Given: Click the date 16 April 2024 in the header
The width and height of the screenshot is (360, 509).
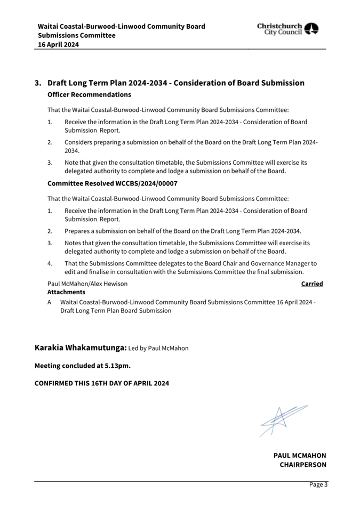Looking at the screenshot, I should [58, 45].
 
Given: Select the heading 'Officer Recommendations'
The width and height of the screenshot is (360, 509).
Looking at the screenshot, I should [89, 94].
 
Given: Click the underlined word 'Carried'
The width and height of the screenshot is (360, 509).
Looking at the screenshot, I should [312, 284].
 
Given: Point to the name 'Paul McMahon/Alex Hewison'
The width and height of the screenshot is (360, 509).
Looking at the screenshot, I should [87, 284].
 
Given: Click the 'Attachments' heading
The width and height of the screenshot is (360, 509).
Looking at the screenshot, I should [66, 292].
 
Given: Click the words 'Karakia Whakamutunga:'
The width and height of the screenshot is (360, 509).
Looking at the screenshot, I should [81, 348].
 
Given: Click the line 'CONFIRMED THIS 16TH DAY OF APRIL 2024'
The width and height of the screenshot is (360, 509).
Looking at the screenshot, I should [102, 383].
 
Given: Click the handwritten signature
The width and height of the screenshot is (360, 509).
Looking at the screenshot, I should [283, 419].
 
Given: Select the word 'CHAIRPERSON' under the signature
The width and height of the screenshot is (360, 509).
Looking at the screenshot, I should [303, 465].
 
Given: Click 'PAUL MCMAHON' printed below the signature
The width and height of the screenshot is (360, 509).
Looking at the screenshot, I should [300, 456].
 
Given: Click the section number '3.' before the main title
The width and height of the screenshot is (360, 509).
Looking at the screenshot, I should [38, 83].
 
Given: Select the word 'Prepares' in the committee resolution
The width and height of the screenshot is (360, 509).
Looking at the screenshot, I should [78, 231].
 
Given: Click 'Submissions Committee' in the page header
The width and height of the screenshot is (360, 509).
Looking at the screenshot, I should [76, 36].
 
